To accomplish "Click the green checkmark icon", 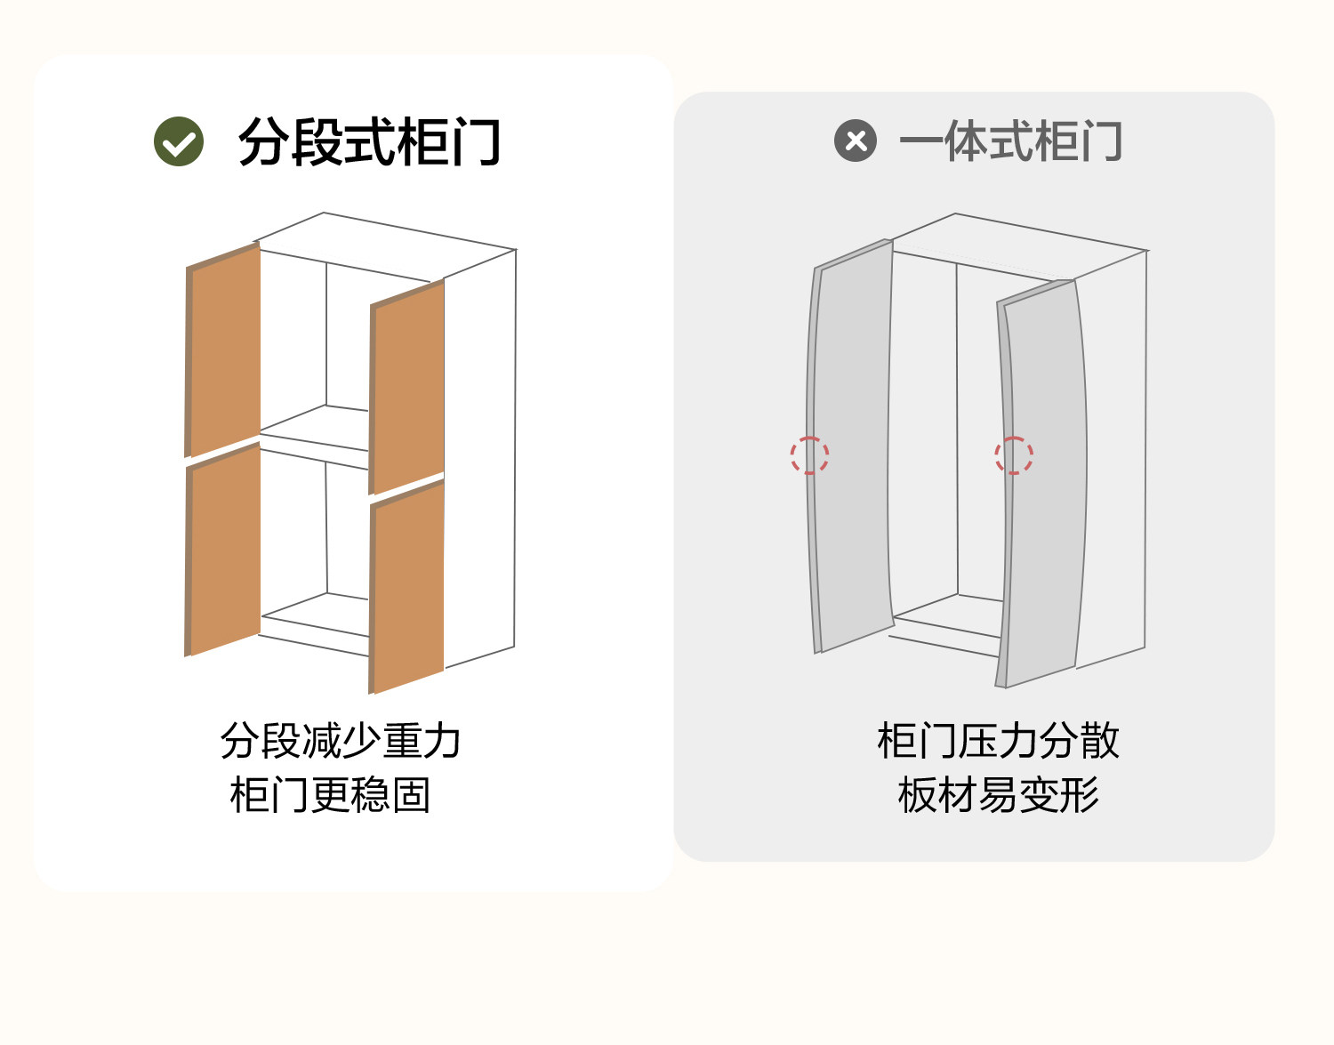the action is click(x=179, y=142).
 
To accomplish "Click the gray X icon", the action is click(x=856, y=141).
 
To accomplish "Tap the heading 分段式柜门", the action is click(x=369, y=142).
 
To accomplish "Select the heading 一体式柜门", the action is click(x=1010, y=141).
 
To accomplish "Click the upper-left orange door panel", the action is click(x=225, y=350).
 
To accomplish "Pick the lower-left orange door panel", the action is click(x=225, y=550).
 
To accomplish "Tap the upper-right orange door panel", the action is click(x=408, y=387).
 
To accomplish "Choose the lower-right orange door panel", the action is click(x=408, y=587).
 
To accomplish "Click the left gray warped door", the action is click(x=852, y=445).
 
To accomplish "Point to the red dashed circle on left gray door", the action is click(x=809, y=455).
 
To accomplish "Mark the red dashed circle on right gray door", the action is click(x=1014, y=455).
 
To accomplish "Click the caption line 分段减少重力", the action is click(x=341, y=741).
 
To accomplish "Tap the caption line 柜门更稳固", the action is click(x=330, y=795).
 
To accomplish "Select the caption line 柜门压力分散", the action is click(x=998, y=741).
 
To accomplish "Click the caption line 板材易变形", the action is click(x=998, y=795).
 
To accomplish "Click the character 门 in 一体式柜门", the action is click(x=1102, y=141).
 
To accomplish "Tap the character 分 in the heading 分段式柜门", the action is click(x=262, y=142).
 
